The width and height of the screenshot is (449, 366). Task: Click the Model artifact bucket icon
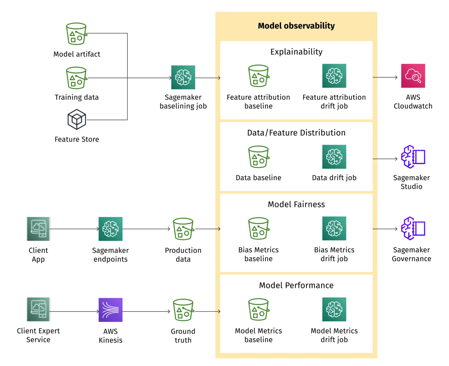click(x=76, y=34)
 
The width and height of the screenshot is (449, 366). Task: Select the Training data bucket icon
click(x=76, y=78)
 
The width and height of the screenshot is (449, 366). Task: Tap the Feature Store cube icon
click(x=77, y=119)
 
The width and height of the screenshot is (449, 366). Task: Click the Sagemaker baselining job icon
click(x=183, y=77)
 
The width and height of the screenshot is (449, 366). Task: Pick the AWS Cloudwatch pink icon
click(x=413, y=76)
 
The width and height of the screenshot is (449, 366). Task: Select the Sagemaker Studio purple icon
click(x=413, y=157)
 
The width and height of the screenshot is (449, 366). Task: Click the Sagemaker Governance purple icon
click(x=413, y=228)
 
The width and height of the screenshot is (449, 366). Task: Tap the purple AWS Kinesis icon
click(x=110, y=310)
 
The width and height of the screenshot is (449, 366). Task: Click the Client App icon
click(x=38, y=229)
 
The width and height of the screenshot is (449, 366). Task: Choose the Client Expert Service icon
click(x=38, y=310)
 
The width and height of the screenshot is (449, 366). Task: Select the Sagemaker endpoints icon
click(x=110, y=229)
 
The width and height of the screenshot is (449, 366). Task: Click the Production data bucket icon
click(x=183, y=229)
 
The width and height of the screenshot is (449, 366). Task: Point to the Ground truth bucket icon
click(x=183, y=310)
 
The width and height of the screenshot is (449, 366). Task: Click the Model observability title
click(x=296, y=26)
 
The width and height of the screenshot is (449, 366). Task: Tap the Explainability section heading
click(x=296, y=52)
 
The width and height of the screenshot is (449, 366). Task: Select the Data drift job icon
click(x=334, y=157)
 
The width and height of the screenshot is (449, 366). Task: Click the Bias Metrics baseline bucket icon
click(x=258, y=228)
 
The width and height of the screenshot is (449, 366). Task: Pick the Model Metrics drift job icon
click(x=334, y=309)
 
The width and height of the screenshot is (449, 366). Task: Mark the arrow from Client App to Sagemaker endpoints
click(x=74, y=229)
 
